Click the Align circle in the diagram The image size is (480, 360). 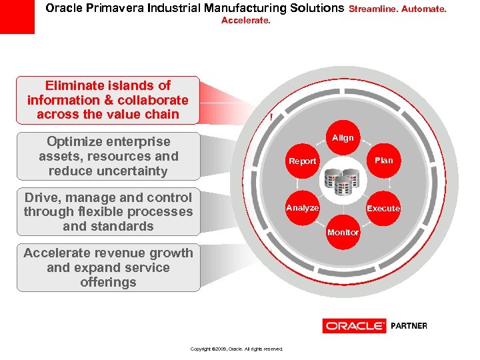pos(343,138)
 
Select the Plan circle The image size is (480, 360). pos(383,160)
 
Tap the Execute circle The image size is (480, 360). pos(383,208)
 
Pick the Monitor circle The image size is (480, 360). pos(343,232)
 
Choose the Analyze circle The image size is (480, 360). pos(303,208)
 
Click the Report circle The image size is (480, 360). pos(303,161)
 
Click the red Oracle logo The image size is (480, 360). pos(354,326)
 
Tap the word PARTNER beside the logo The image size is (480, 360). pos(409,326)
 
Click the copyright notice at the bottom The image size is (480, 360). pos(237,349)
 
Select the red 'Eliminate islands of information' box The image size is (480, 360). pos(108,100)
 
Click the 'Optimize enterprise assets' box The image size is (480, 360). pos(108,156)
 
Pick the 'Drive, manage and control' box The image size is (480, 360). pos(108,212)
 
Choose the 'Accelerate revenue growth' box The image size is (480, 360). pos(108,268)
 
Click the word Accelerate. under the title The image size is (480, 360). pos(246,21)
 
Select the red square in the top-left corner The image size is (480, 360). pos(17,17)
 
